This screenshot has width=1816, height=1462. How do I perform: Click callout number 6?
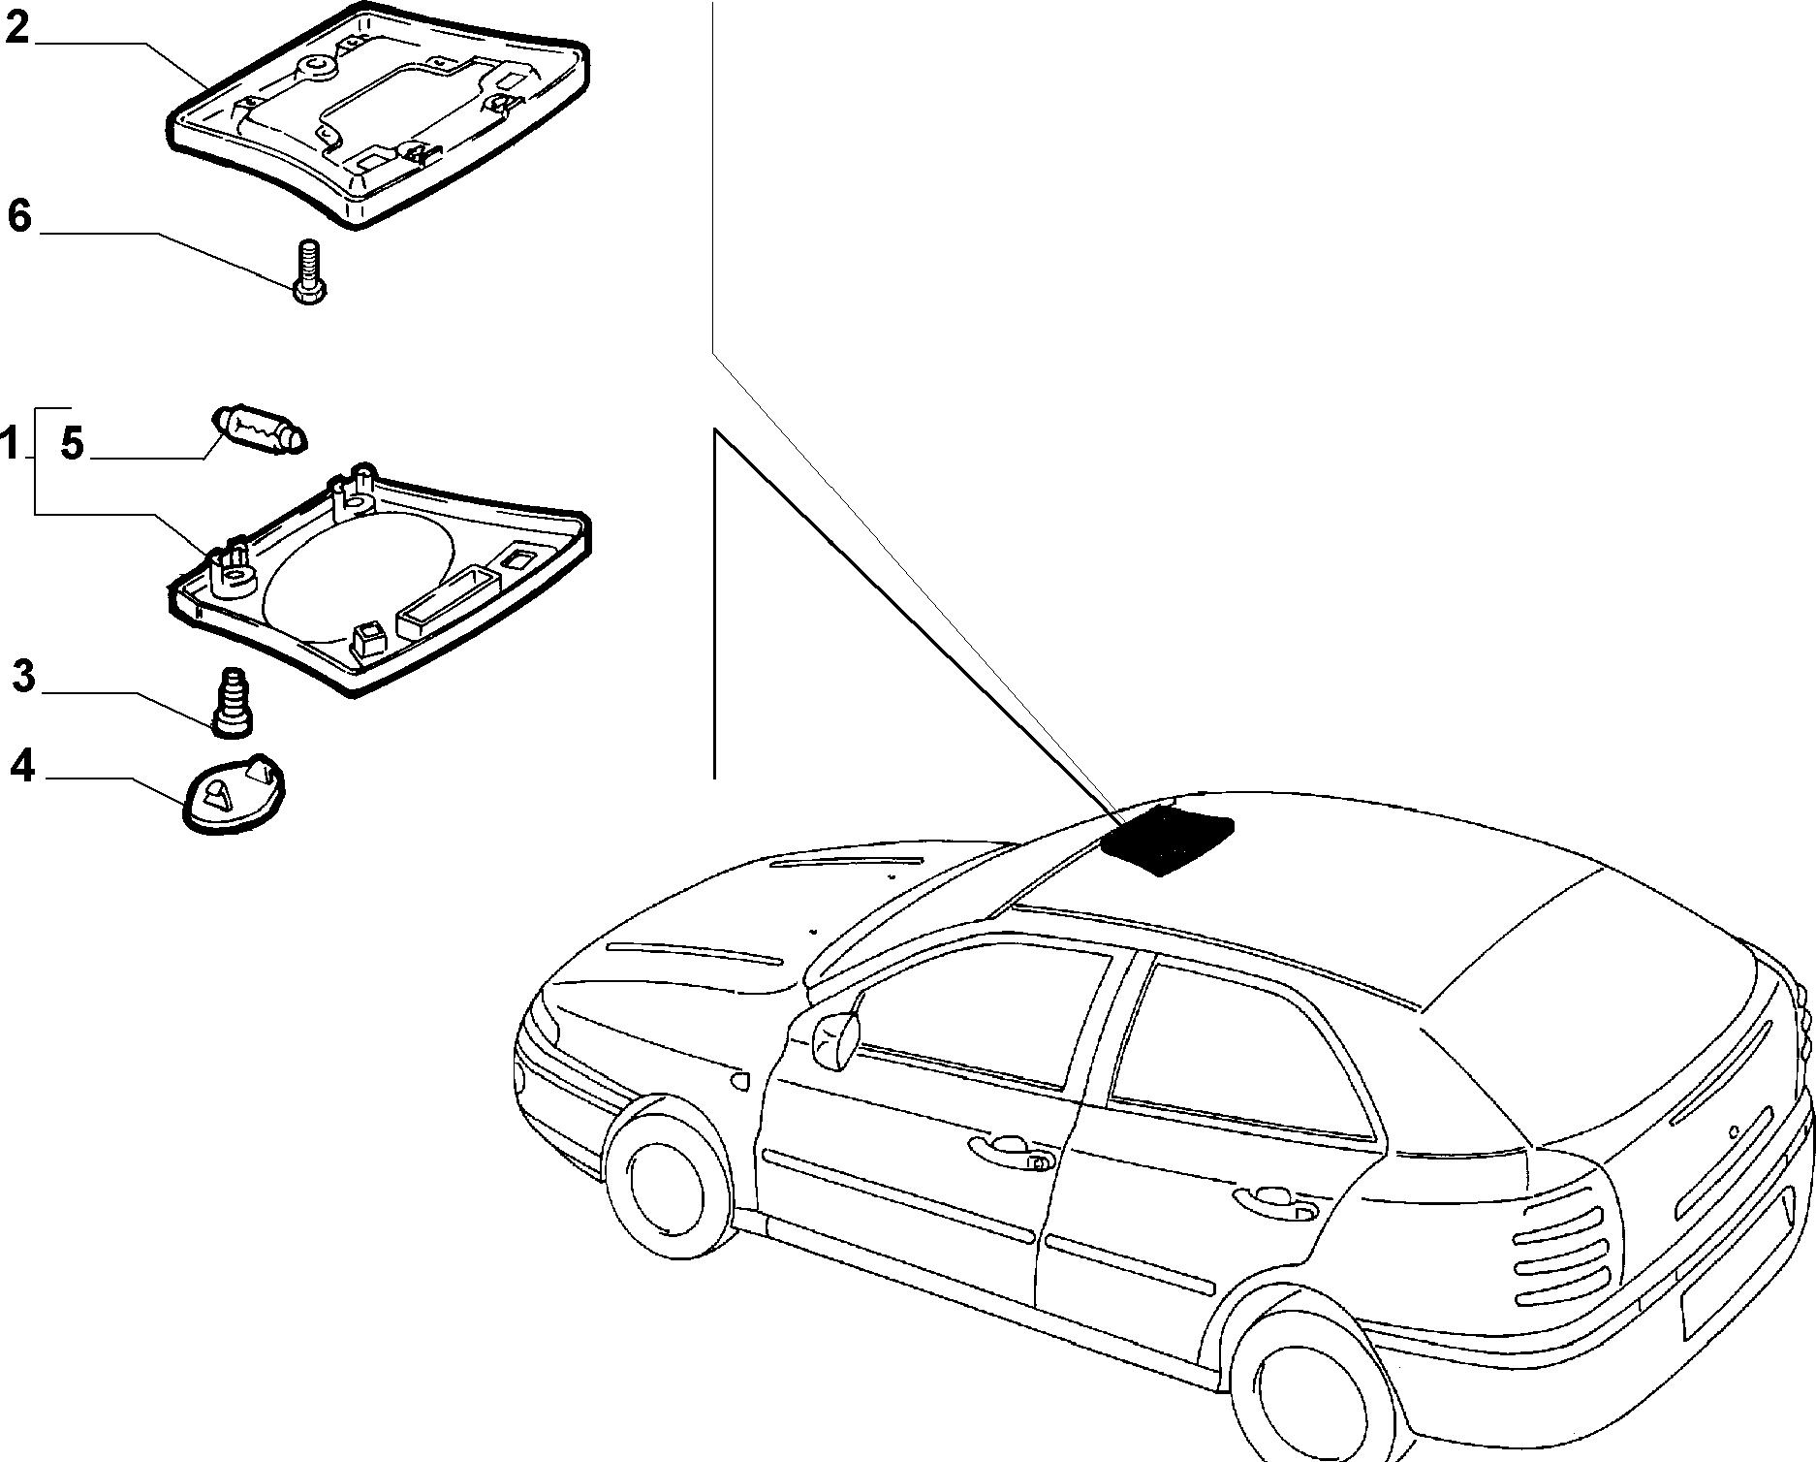click(x=19, y=216)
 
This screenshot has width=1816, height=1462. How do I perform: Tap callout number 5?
click(x=72, y=443)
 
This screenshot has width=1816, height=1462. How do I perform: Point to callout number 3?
click(x=23, y=676)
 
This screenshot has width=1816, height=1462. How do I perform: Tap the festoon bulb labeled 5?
click(x=259, y=430)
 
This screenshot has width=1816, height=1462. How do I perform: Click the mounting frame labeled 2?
click(x=378, y=116)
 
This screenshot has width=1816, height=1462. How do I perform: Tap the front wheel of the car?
click(x=668, y=1187)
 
